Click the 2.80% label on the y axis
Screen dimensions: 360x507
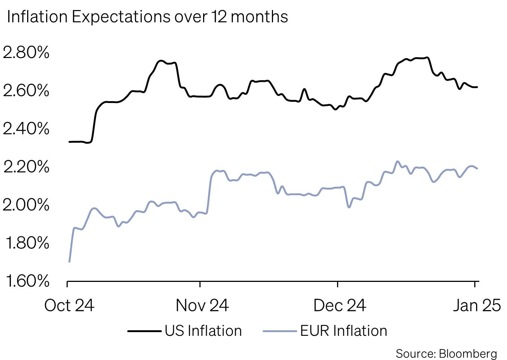click(x=26, y=52)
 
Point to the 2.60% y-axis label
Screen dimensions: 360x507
click(x=26, y=90)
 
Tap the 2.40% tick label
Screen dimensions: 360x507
click(x=26, y=129)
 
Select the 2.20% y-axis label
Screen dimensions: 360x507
click(x=26, y=167)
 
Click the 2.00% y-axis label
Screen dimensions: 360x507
click(x=26, y=205)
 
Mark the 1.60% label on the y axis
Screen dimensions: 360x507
click(x=27, y=281)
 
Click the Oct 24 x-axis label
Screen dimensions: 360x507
click(x=69, y=305)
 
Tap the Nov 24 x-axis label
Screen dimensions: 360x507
click(x=202, y=305)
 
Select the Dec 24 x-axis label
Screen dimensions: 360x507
click(x=340, y=305)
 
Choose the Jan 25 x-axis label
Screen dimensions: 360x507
click(x=476, y=305)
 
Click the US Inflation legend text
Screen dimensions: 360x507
click(x=203, y=331)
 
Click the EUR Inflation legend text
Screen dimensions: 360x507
click(x=344, y=331)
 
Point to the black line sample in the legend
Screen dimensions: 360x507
click(x=144, y=331)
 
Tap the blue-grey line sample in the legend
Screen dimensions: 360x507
click(x=280, y=331)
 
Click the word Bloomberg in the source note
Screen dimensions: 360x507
click(x=468, y=353)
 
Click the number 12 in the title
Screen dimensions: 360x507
click(x=219, y=17)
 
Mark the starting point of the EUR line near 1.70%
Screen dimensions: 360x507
click(x=70, y=261)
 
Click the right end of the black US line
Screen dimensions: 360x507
click(x=477, y=87)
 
